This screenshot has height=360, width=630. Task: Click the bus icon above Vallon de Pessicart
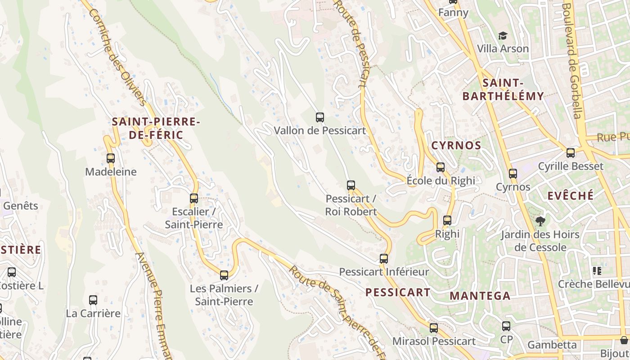point(320,117)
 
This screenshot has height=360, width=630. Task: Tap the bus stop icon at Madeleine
point(111,158)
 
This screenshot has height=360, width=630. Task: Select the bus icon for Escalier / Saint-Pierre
point(194,198)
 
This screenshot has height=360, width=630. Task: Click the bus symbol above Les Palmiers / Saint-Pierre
point(224,275)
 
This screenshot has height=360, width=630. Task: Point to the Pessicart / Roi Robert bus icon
point(351,185)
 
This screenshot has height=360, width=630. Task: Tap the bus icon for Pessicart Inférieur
point(384,259)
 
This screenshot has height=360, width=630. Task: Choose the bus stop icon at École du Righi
point(441,167)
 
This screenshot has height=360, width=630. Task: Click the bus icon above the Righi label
point(447,220)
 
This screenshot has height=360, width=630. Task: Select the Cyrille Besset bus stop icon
point(571,153)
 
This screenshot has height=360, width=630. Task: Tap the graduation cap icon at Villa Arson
point(503,36)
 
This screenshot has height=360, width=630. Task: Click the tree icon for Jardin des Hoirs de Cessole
point(540,221)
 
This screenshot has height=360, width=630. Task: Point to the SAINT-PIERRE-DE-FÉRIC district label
point(156,128)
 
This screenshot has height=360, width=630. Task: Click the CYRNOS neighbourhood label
point(456,146)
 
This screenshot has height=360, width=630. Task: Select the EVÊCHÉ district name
point(571,196)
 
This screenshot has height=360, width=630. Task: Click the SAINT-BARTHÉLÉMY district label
point(503,90)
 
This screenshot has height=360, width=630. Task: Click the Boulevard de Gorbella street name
point(572,61)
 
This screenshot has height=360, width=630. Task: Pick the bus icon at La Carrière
point(93,300)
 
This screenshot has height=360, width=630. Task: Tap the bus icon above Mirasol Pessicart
point(434,328)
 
